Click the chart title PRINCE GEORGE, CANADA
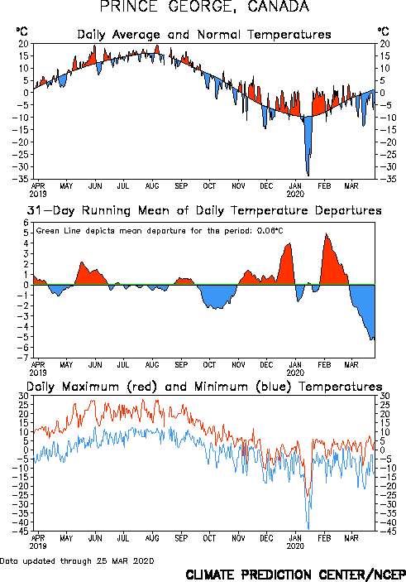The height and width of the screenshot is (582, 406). click(204, 7)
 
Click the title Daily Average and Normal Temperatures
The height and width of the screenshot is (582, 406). click(204, 35)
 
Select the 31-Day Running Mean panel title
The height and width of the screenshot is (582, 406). click(204, 210)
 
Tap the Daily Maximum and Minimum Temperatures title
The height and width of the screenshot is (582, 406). click(204, 387)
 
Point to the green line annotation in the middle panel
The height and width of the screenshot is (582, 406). click(160, 231)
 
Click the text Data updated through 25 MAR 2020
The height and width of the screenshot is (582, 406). click(77, 560)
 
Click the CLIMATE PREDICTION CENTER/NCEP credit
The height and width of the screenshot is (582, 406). click(295, 575)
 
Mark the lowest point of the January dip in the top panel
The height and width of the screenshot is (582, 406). click(308, 176)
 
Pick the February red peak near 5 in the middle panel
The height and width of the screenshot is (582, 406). click(326, 233)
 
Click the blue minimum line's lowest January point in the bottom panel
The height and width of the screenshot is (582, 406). click(308, 529)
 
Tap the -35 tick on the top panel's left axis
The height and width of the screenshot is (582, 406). click(21, 179)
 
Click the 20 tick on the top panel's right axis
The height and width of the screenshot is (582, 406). click(385, 44)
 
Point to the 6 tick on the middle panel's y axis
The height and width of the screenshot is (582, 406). click(26, 223)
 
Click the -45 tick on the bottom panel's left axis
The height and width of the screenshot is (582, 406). click(21, 531)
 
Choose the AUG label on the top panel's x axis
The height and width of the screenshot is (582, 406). click(152, 185)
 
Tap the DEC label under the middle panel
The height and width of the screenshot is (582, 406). click(266, 365)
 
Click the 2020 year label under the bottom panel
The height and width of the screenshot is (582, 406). click(295, 546)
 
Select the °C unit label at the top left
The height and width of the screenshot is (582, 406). click(22, 31)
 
